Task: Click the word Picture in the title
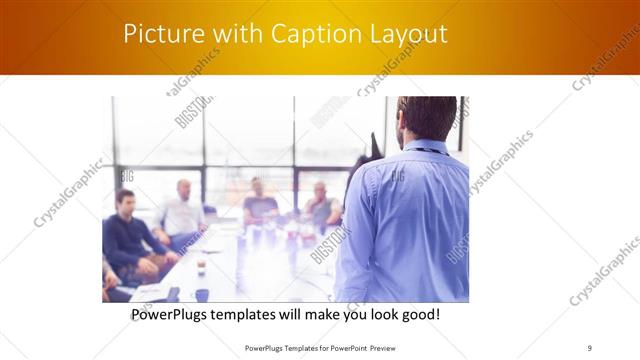click(x=161, y=34)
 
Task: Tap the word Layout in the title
click(x=405, y=34)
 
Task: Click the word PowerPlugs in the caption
click(x=175, y=315)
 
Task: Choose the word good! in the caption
click(x=419, y=315)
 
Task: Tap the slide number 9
click(x=589, y=348)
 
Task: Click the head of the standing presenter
click(x=426, y=118)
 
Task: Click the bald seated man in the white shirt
click(x=183, y=210)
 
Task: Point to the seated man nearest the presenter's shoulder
click(x=321, y=205)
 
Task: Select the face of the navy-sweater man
click(x=124, y=201)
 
